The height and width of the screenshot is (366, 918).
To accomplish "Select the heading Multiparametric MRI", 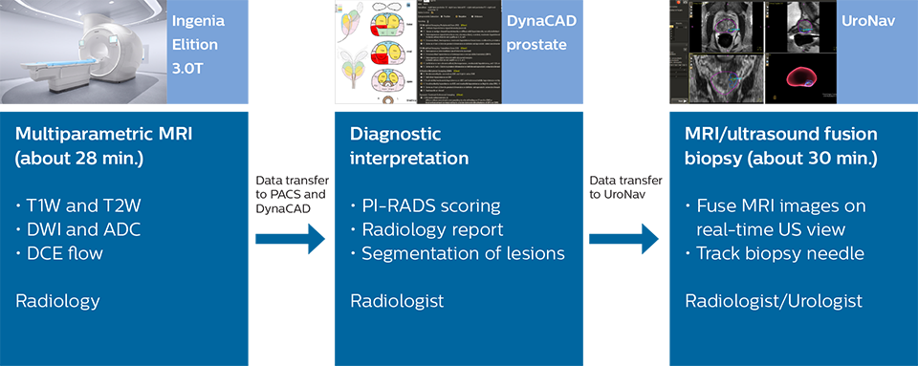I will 103,135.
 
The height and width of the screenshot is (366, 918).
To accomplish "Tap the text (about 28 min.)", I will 79,158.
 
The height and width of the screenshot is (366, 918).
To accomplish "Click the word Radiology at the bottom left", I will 57,301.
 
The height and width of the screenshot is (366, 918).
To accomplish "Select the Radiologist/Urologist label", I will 774,301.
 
